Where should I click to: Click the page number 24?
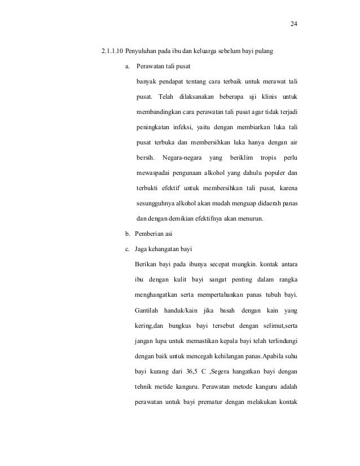293,24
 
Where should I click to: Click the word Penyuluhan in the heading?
143,52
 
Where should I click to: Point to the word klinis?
264,93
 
